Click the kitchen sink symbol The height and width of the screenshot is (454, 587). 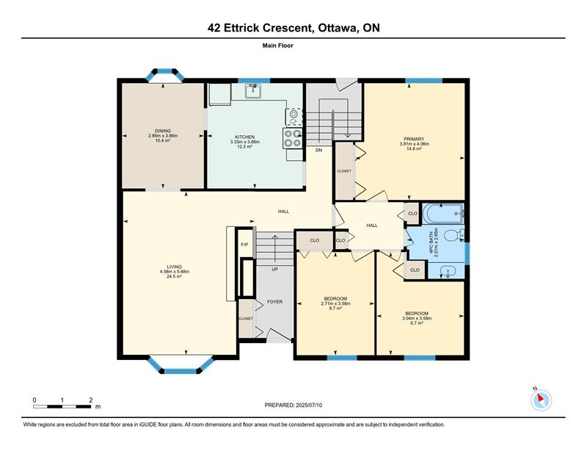pyautogui.click(x=253, y=91)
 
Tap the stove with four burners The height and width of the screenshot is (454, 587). pyautogui.click(x=293, y=138)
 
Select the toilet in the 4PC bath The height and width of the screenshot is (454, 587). pyautogui.click(x=454, y=235)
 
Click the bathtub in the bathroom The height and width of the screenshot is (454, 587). pyautogui.click(x=443, y=213)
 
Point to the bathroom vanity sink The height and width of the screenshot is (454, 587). pyautogui.click(x=447, y=271)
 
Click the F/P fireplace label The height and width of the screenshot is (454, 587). pyautogui.click(x=244, y=245)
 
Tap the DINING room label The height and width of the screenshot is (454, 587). pyautogui.click(x=163, y=131)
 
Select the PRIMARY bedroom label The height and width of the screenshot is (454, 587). pyautogui.click(x=414, y=139)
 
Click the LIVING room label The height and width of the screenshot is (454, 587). pyautogui.click(x=175, y=267)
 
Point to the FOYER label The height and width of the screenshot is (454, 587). pyautogui.click(x=274, y=301)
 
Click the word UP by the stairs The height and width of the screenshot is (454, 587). pyautogui.click(x=274, y=269)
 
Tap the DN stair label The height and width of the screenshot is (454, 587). pyautogui.click(x=318, y=150)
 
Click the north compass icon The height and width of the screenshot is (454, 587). pyautogui.click(x=541, y=400)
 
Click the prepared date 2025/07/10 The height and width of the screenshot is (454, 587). pyautogui.click(x=309, y=405)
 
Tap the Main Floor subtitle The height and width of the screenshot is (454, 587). pyautogui.click(x=278, y=46)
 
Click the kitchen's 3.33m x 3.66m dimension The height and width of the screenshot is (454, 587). pyautogui.click(x=245, y=142)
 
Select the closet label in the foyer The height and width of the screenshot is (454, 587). pyautogui.click(x=246, y=318)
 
